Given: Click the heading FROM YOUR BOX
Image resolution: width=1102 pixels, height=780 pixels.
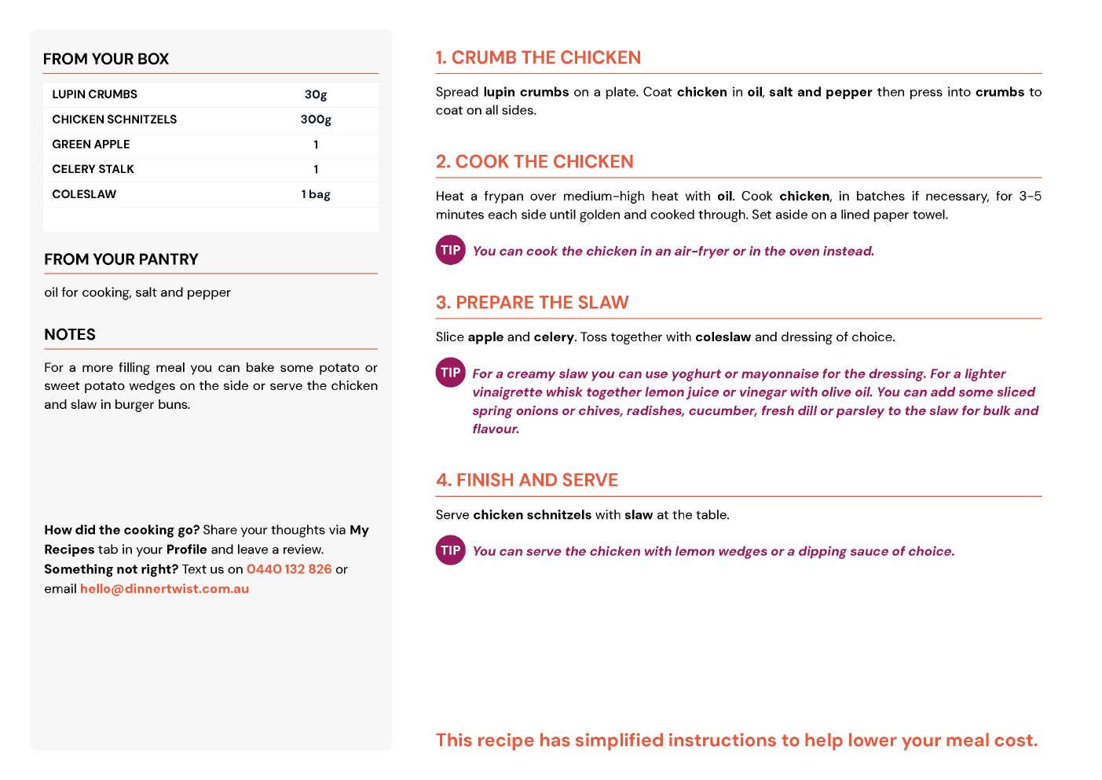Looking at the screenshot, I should pos(106,59).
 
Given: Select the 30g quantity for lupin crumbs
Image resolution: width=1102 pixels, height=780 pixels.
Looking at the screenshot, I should pos(316,94).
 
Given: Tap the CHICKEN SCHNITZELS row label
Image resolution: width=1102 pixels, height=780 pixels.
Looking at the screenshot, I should pos(115,120).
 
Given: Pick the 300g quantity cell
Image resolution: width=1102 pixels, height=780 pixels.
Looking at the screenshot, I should pos(316,120).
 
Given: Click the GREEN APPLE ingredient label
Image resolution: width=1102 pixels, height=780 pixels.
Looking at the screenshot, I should pos(91,145).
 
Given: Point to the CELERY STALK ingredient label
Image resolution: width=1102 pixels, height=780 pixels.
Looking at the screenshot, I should pos(93,169).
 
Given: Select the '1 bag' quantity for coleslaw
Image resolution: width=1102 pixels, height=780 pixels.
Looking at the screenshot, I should pos(316,194).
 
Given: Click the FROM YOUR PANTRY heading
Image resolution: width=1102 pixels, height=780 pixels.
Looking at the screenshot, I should pos(121,259).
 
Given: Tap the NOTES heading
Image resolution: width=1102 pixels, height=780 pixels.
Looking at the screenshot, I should pos(70,335).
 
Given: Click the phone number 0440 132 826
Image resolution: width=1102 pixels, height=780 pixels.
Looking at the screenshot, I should pos(289,569).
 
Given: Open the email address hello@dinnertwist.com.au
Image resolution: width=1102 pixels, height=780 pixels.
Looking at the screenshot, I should pos(164,589).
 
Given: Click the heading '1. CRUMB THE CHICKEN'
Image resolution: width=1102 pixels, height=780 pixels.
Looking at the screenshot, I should pos(538,57).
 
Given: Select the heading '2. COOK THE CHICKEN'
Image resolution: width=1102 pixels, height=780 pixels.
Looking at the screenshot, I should pos(534,162).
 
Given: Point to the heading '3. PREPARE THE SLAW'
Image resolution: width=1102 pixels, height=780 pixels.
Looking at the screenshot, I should pos(532,303).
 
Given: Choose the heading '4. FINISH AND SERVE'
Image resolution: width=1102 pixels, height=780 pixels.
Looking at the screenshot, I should pos(527,480).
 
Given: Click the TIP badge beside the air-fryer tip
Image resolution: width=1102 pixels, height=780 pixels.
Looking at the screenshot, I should pos(451,250).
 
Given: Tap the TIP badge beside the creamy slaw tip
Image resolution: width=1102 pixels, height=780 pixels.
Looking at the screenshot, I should pos(451,373).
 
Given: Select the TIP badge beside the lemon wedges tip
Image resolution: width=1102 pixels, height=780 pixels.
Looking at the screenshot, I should pos(451,550).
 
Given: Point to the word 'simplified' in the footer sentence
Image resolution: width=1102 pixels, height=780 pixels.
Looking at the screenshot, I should pos(620,741).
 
